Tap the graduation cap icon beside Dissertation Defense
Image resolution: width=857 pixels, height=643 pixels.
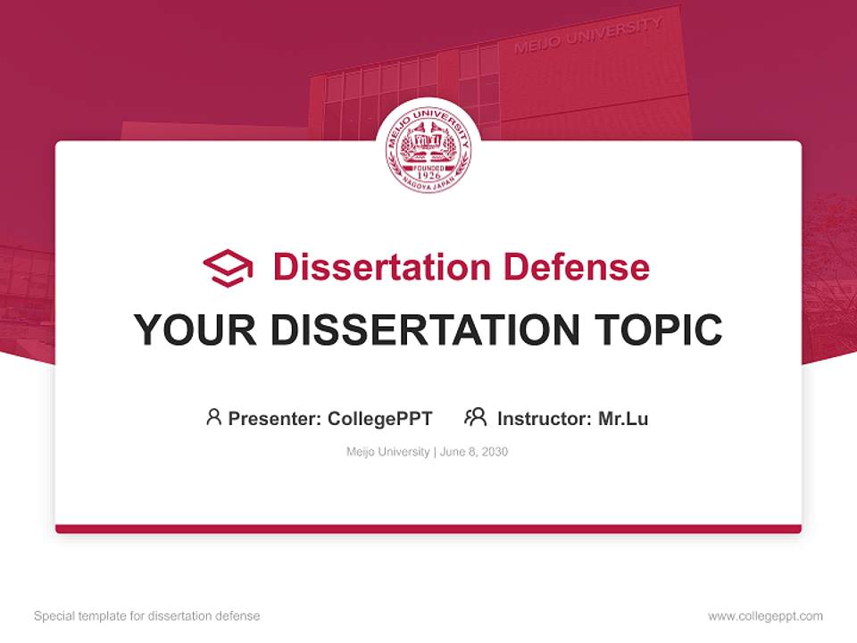click(228, 268)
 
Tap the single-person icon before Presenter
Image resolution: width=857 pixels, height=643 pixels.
click(213, 417)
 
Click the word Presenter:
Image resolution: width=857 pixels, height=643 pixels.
click(274, 418)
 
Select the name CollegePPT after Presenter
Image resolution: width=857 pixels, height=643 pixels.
click(380, 418)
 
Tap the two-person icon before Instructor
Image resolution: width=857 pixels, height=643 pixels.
click(476, 417)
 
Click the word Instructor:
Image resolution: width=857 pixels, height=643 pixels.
click(544, 418)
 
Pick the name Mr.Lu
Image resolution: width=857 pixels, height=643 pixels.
click(623, 418)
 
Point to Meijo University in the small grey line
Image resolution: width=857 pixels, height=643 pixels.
click(387, 452)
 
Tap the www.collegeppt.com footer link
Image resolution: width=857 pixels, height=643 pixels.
click(765, 616)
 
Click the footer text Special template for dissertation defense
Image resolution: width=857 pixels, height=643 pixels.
click(147, 616)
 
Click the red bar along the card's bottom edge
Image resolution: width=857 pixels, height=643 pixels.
click(428, 529)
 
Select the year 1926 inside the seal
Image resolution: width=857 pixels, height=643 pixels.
click(428, 175)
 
